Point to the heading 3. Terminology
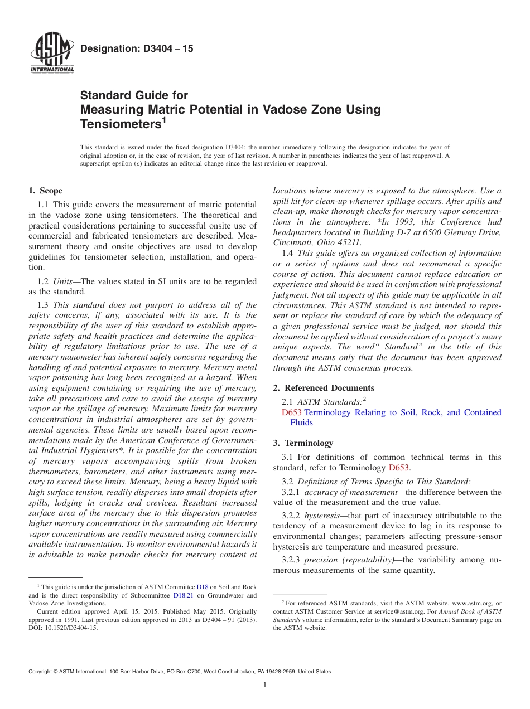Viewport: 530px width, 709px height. pos(311,443)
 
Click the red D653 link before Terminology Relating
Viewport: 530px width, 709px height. pos(291,412)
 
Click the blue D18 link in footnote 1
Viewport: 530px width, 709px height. pos(203,587)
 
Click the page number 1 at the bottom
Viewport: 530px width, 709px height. pos(265,685)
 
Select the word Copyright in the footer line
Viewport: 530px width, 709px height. pos(42,672)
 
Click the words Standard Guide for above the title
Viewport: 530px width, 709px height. pos(134,95)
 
